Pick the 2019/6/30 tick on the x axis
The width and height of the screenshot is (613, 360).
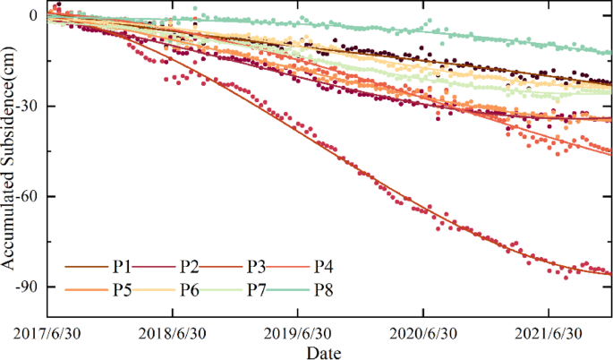point(297,333)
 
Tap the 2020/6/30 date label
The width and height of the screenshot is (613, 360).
point(422,333)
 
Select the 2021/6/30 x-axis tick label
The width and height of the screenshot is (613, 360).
point(548,333)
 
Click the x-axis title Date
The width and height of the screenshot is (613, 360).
point(323,352)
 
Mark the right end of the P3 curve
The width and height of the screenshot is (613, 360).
point(612,274)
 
